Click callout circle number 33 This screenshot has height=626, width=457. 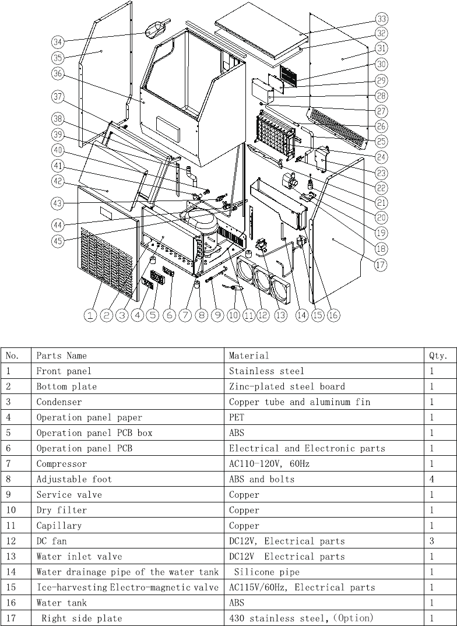click(382, 19)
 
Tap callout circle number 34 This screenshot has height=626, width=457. click(58, 42)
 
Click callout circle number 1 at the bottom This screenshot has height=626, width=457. click(90, 315)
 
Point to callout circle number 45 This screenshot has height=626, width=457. click(58, 242)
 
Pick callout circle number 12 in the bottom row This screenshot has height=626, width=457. click(263, 315)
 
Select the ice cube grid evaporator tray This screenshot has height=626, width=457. click(274, 133)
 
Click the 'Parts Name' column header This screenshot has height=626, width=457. click(61, 356)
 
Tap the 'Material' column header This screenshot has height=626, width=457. click(249, 356)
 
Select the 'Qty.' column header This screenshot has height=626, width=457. click(438, 356)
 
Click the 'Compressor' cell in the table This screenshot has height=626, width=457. click(61, 464)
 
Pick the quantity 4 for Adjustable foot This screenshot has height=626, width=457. click(431, 479)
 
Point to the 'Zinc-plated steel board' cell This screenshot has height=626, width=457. click(287, 386)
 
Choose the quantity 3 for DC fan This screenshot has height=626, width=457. click(431, 541)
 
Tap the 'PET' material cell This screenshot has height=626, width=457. click(237, 417)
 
